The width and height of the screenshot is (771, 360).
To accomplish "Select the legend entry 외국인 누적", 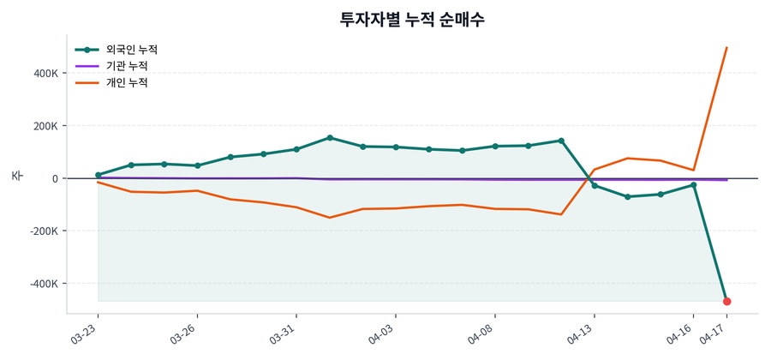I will click(x=137, y=50).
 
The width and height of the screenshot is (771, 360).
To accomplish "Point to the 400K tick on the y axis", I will click(x=45, y=74).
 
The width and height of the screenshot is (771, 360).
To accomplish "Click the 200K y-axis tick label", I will click(x=45, y=126).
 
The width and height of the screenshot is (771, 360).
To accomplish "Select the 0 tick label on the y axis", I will click(x=55, y=178).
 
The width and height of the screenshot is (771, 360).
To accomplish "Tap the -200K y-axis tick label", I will click(x=43, y=231).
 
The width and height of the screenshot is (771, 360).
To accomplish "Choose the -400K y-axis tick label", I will click(x=43, y=284).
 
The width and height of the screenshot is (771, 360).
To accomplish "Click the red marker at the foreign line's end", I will click(x=726, y=302).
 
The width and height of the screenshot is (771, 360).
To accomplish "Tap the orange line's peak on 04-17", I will click(x=726, y=48).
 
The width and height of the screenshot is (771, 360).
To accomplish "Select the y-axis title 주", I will click(x=16, y=176).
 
